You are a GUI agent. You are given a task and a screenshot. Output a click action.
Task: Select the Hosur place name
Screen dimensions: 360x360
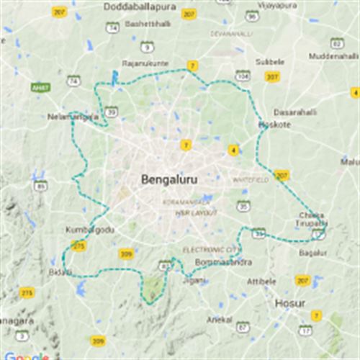290,303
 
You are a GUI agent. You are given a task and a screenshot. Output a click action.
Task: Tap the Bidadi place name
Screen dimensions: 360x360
60,271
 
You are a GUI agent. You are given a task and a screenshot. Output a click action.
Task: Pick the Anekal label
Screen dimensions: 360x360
220,319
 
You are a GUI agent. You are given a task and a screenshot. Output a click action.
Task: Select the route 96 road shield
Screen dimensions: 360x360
251,15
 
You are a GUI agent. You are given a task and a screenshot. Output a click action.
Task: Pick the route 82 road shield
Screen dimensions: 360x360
336,42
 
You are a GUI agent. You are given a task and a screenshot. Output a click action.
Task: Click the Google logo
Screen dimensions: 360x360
25,355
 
